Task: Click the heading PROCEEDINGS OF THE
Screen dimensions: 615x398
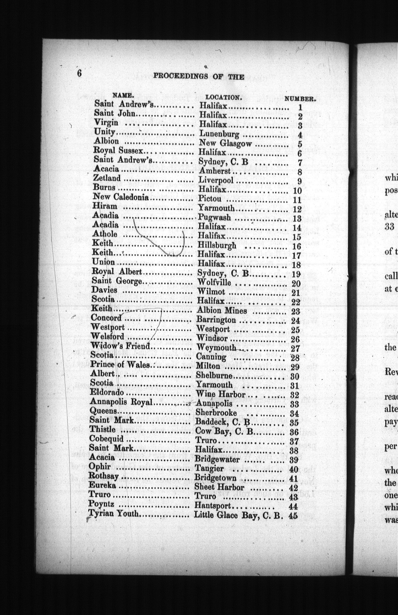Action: point(199,77)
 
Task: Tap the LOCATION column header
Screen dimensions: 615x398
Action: point(223,97)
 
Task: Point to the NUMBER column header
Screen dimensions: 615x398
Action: point(300,99)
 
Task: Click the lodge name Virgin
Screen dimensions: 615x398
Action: point(106,122)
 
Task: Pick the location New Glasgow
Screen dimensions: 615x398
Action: point(226,143)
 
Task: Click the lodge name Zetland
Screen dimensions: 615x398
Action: point(107,178)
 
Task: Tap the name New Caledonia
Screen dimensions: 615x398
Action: point(121,197)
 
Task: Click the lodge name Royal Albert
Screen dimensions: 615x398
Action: point(117,271)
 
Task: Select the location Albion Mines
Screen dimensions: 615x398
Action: point(222,310)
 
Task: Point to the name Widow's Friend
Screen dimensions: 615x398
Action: point(120,346)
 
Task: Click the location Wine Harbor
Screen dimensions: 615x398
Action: point(220,394)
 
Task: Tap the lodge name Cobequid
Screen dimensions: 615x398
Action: point(106,439)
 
